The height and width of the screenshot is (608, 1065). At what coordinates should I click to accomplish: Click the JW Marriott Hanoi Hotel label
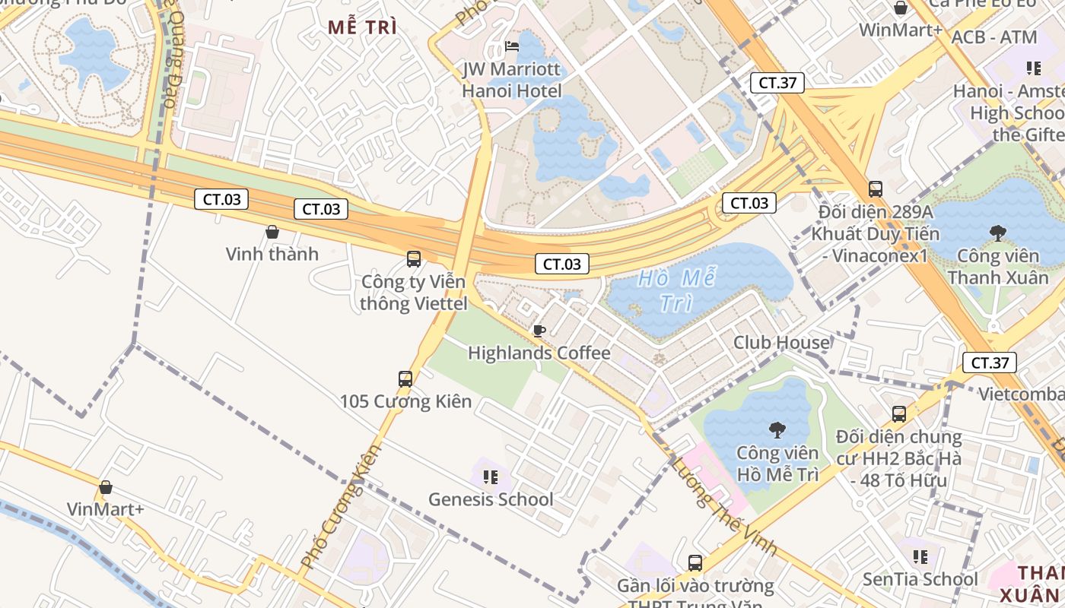[512, 81]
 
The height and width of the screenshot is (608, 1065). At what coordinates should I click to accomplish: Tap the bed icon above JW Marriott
[512, 46]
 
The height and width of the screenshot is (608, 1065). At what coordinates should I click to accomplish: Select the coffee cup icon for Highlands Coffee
[539, 331]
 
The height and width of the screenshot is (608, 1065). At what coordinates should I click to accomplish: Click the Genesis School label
[491, 499]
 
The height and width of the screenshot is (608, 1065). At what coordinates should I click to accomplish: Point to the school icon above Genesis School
[491, 477]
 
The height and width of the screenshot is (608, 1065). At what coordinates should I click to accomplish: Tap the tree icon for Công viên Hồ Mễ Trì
[777, 431]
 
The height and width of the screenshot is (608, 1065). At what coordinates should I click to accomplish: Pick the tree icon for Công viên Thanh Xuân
[997, 233]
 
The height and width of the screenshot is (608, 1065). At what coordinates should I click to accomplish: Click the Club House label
[781, 343]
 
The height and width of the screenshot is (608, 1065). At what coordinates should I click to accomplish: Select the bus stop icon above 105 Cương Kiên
[405, 378]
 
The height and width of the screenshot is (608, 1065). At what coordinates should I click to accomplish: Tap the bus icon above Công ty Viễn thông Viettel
[414, 259]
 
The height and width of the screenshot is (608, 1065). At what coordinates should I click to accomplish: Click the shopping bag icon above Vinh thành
[272, 232]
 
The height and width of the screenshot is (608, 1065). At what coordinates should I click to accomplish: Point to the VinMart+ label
[106, 509]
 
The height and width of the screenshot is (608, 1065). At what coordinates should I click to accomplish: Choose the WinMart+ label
[901, 30]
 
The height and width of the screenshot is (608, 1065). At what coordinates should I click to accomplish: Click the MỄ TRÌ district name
[363, 27]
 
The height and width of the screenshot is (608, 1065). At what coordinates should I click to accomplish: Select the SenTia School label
[920, 579]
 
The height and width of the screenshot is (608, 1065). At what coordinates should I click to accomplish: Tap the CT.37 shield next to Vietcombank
[990, 363]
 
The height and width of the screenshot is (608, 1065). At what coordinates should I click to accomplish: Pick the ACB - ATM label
[994, 37]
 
